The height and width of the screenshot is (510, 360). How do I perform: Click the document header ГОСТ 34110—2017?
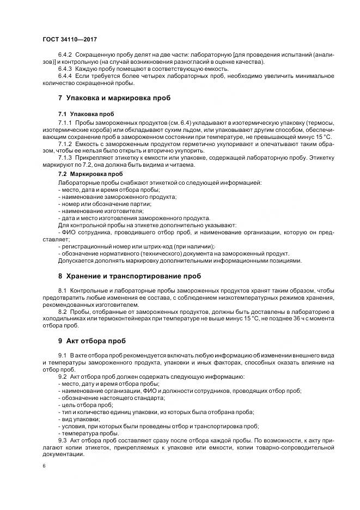(69, 39)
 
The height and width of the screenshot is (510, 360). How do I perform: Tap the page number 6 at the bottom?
(44, 467)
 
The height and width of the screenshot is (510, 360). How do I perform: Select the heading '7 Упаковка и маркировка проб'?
(114, 98)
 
